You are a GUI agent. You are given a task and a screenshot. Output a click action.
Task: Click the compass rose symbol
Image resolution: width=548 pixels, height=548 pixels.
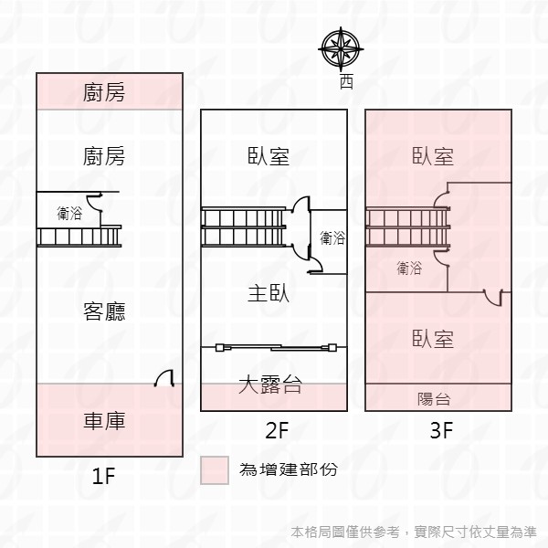tap(341, 49)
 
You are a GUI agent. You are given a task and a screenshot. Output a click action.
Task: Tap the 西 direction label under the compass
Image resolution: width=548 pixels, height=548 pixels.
tap(346, 82)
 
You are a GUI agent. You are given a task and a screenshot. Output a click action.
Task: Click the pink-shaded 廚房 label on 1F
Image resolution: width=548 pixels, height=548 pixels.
tap(104, 92)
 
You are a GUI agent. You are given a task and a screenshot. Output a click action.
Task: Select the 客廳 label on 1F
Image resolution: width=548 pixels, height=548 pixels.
tap(104, 311)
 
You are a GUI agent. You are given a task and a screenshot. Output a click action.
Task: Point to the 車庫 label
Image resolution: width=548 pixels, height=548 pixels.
tap(104, 420)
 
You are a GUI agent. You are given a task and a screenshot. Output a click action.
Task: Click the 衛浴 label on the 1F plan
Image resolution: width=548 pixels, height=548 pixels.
tap(69, 213)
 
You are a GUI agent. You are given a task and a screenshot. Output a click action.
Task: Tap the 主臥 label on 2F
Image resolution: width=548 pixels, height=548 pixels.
tap(269, 293)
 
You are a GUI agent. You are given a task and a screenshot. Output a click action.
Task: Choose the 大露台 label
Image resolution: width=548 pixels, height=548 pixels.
tap(269, 385)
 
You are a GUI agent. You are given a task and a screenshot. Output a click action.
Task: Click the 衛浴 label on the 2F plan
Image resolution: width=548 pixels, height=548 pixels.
tap(332, 238)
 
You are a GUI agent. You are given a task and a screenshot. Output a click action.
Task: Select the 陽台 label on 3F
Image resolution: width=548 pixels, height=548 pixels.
tap(434, 399)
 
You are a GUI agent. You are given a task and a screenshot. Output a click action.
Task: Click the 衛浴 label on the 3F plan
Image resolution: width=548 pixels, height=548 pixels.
tap(409, 268)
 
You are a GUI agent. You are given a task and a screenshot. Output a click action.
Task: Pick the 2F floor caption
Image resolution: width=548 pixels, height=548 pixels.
tap(277, 430)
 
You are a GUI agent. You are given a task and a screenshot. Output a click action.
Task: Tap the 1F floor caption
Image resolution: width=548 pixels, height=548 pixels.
tap(103, 476)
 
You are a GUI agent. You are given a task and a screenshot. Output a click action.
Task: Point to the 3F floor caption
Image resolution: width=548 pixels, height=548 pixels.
tap(441, 430)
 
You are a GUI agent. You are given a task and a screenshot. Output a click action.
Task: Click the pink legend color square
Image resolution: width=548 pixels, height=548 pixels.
tap(215, 470)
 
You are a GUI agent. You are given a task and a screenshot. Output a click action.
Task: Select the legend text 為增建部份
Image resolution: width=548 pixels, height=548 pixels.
tap(289, 469)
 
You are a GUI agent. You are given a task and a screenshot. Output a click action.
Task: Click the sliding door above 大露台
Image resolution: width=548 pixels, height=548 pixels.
tap(276, 347)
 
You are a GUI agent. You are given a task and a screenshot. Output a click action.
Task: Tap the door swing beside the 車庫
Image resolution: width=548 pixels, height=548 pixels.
tap(164, 378)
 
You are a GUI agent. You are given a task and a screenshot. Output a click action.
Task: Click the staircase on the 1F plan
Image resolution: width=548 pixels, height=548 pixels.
tap(79, 237)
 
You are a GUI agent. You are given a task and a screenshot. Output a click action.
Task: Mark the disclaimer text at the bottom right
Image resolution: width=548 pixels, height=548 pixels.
tap(414, 532)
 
